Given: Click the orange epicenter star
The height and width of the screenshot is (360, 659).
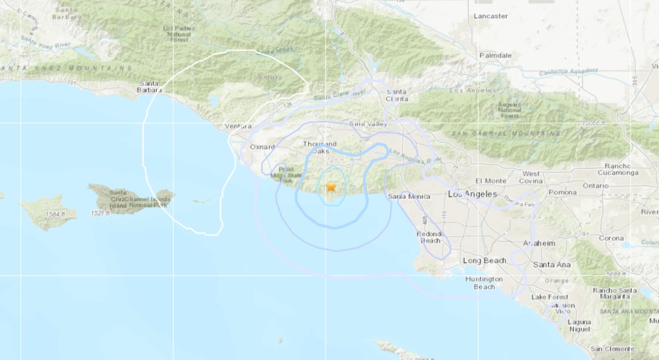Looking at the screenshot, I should [331, 188].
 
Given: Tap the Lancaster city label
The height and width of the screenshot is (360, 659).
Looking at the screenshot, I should [491, 16].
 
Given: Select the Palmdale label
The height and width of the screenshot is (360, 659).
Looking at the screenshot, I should [496, 55].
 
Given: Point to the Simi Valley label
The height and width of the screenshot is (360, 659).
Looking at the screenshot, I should [368, 124].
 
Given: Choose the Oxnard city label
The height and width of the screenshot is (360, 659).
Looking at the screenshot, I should [262, 147].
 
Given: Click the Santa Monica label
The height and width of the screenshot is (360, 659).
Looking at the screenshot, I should [409, 196].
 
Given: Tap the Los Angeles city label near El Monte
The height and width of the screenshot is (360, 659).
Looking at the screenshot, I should [473, 194].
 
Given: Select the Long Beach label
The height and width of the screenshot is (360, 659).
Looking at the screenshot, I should [485, 260].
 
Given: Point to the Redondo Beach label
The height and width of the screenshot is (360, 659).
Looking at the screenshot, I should [431, 237].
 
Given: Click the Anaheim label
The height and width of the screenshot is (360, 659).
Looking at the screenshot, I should [539, 243].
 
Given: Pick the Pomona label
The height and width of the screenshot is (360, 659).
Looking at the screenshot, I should [562, 192].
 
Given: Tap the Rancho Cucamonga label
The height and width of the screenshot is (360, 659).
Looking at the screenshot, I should [617, 169].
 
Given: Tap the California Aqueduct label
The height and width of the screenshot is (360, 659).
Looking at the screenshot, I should [568, 72].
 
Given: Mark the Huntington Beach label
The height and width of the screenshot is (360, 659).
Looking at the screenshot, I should [483, 282].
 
